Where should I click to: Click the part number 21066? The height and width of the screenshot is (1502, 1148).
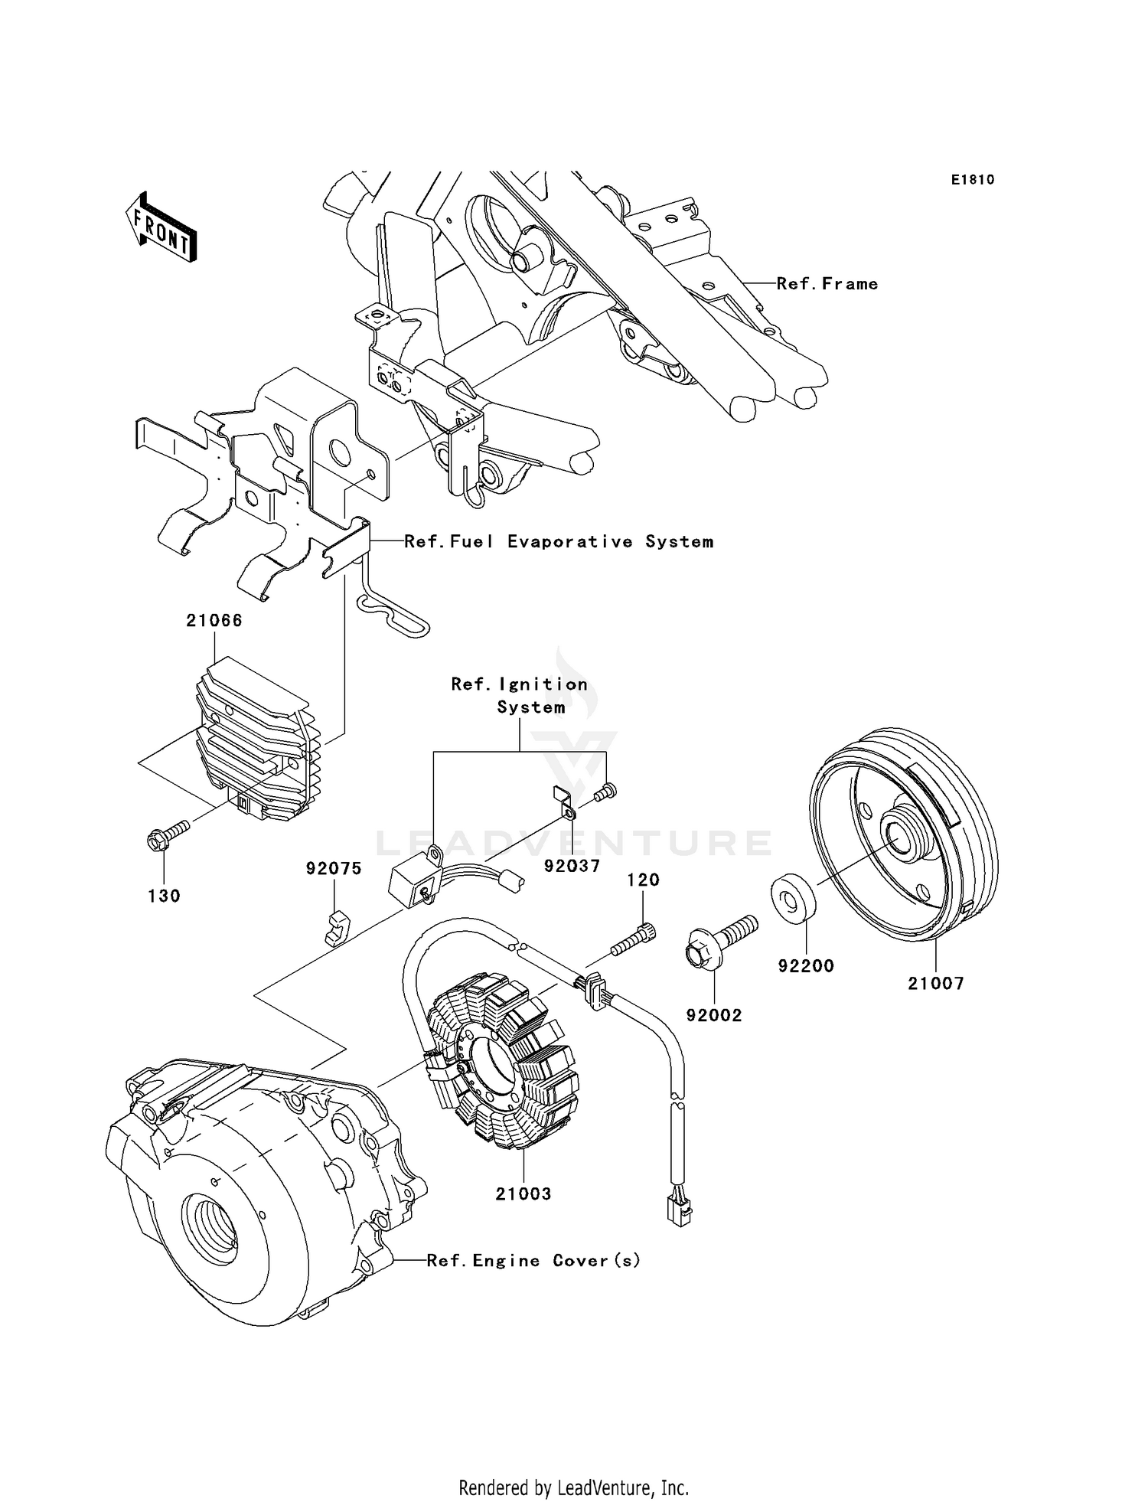[214, 621]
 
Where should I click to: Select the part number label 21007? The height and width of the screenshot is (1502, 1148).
[935, 984]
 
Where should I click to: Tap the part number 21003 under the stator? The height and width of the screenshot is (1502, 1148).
[523, 1193]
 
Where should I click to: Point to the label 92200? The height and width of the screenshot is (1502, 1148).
[806, 966]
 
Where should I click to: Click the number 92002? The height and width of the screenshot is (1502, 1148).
[714, 1016]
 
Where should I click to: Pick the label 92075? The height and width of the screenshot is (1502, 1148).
[334, 869]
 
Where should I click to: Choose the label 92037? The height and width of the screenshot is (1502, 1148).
[572, 866]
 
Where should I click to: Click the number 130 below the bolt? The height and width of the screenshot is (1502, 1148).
[164, 896]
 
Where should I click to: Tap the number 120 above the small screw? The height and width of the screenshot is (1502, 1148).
[644, 880]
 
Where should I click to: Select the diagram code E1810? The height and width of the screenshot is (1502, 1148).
[973, 180]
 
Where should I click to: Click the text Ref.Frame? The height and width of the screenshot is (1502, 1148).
[827, 284]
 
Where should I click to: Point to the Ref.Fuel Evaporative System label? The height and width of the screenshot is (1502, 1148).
[559, 542]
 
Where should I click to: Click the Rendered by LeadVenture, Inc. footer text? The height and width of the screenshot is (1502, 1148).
[573, 1487]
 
